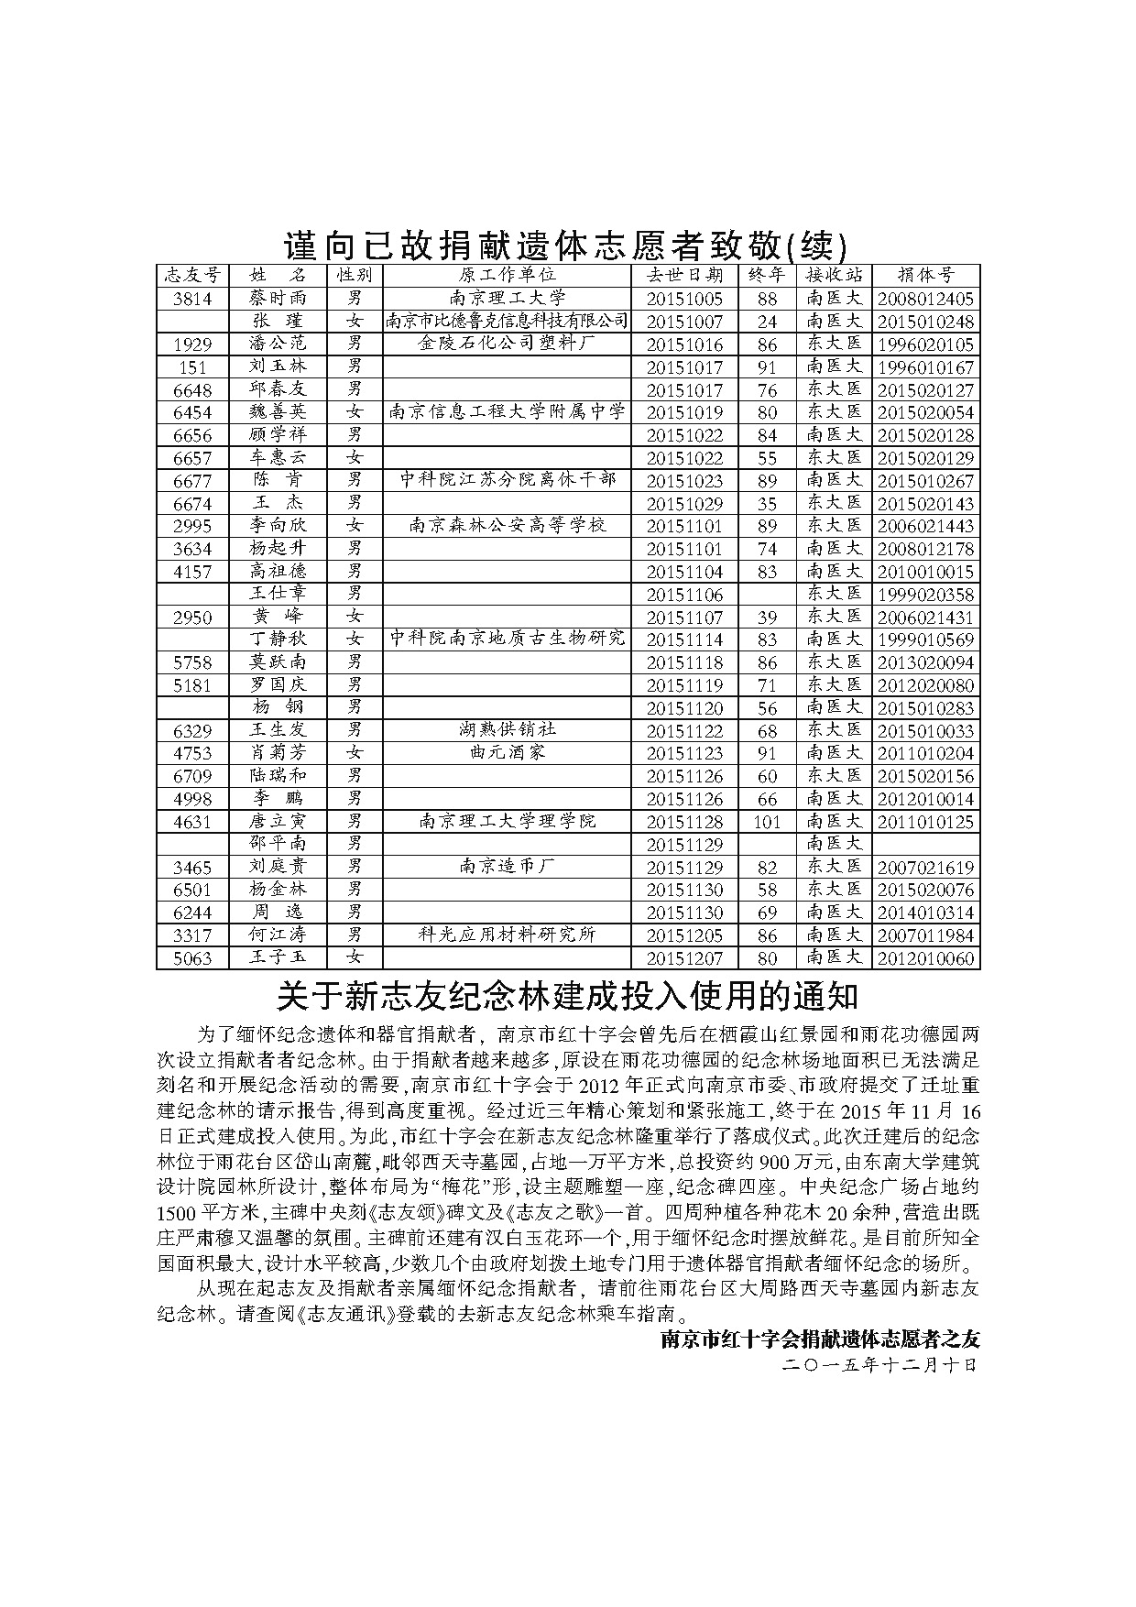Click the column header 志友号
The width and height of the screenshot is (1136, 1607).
pos(192,275)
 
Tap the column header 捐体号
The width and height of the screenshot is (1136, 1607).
pos(925,275)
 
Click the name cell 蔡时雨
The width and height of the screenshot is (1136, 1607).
pos(278,298)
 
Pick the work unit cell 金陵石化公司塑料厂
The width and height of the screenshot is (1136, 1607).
pos(507,344)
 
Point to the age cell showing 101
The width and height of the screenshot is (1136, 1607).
pos(767,822)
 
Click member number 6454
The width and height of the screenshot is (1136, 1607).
pos(192,412)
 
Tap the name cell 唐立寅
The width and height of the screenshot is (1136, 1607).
pos(278,822)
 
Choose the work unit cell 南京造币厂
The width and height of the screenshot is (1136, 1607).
pos(507,867)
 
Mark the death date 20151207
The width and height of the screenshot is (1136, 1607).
pos(684,958)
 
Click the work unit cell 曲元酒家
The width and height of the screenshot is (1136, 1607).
pos(507,753)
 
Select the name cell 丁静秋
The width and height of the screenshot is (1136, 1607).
pos(278,640)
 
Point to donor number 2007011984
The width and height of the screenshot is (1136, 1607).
pos(925,935)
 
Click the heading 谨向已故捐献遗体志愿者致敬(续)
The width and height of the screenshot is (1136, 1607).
pos(567,245)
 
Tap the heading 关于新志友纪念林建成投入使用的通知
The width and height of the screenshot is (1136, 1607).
pos(567,996)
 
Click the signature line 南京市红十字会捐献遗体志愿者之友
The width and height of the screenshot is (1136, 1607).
pos(820,1339)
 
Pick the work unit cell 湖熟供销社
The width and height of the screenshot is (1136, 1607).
pos(507,730)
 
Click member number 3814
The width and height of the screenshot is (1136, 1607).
pos(192,299)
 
